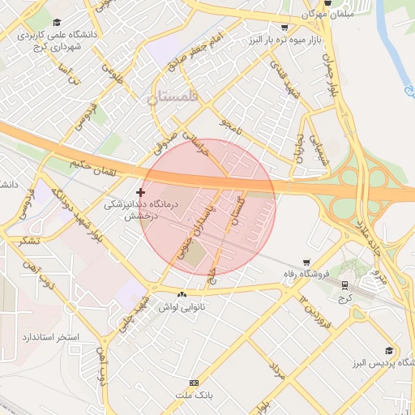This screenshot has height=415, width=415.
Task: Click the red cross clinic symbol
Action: point(141,192)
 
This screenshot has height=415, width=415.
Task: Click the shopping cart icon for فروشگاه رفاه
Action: point(306,262)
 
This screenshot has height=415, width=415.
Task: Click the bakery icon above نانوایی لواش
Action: point(182,294)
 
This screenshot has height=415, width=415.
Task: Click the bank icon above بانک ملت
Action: point(194,382)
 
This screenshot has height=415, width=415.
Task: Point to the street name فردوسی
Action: point(83,117)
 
